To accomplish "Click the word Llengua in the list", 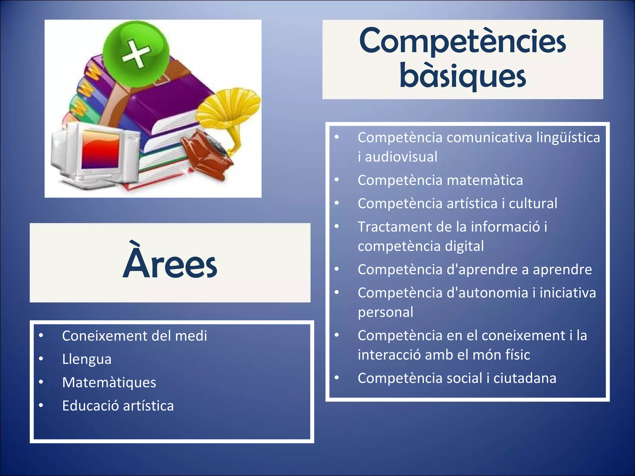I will pos(87,359).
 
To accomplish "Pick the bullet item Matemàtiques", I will pos(109,382).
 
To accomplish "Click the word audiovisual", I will pos(401,157).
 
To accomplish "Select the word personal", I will pos(385,312).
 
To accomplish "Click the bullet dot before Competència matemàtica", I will pos(337,180).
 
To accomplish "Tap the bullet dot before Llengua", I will pos(41,359).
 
